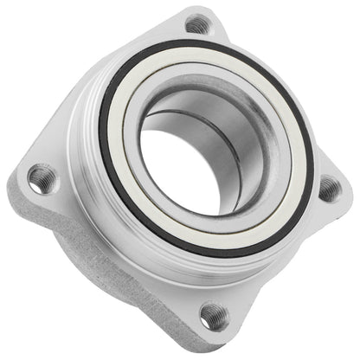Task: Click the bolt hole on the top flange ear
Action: tap(197, 23)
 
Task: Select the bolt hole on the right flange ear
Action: tap(328, 188)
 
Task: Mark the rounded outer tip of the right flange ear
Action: tap(344, 192)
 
